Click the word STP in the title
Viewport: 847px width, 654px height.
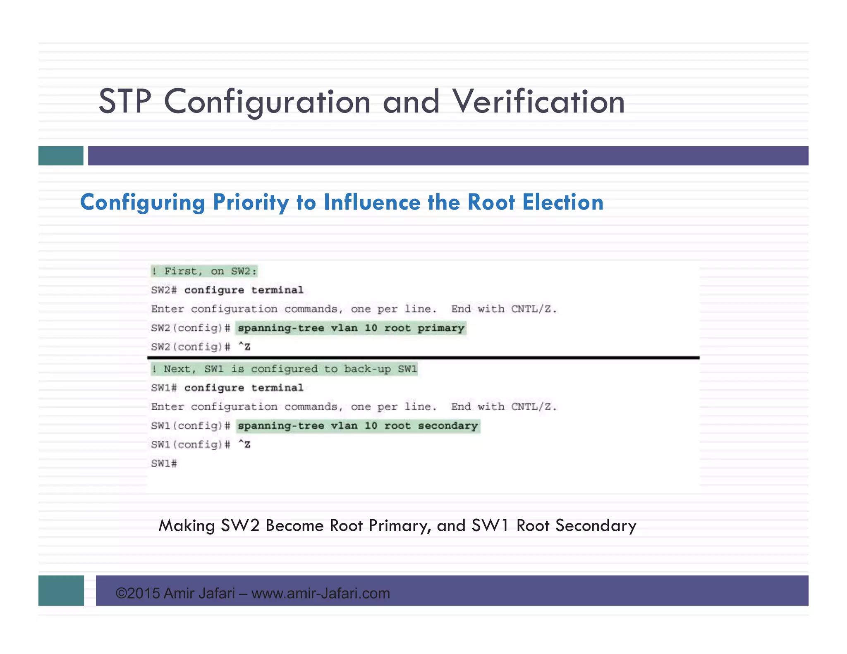click(x=125, y=102)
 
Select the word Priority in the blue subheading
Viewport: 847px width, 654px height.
click(x=250, y=203)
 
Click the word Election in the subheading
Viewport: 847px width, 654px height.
click(x=562, y=203)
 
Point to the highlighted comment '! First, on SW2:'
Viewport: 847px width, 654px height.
click(x=204, y=272)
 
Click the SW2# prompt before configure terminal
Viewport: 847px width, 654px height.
click(x=164, y=290)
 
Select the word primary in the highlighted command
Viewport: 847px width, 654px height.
click(x=441, y=328)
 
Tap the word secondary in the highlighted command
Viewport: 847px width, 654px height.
click(x=448, y=426)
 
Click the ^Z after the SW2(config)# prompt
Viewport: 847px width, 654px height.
click(x=244, y=347)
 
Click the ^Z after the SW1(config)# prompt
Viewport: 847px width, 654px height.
click(x=244, y=444)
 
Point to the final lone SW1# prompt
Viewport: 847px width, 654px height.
click(x=164, y=463)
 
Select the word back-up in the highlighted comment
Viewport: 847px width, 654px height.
click(x=367, y=369)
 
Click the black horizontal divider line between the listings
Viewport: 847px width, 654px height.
click(x=423, y=358)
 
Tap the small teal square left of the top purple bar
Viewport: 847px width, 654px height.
click(x=61, y=156)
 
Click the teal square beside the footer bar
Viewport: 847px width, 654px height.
click(x=61, y=590)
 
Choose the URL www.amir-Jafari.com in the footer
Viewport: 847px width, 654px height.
click(x=321, y=594)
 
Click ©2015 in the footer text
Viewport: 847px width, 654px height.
click(x=138, y=594)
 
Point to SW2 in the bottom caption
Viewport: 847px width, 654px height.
click(x=240, y=526)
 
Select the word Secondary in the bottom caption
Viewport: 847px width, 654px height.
click(x=596, y=526)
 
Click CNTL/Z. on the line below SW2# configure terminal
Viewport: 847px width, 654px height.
click(x=534, y=309)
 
